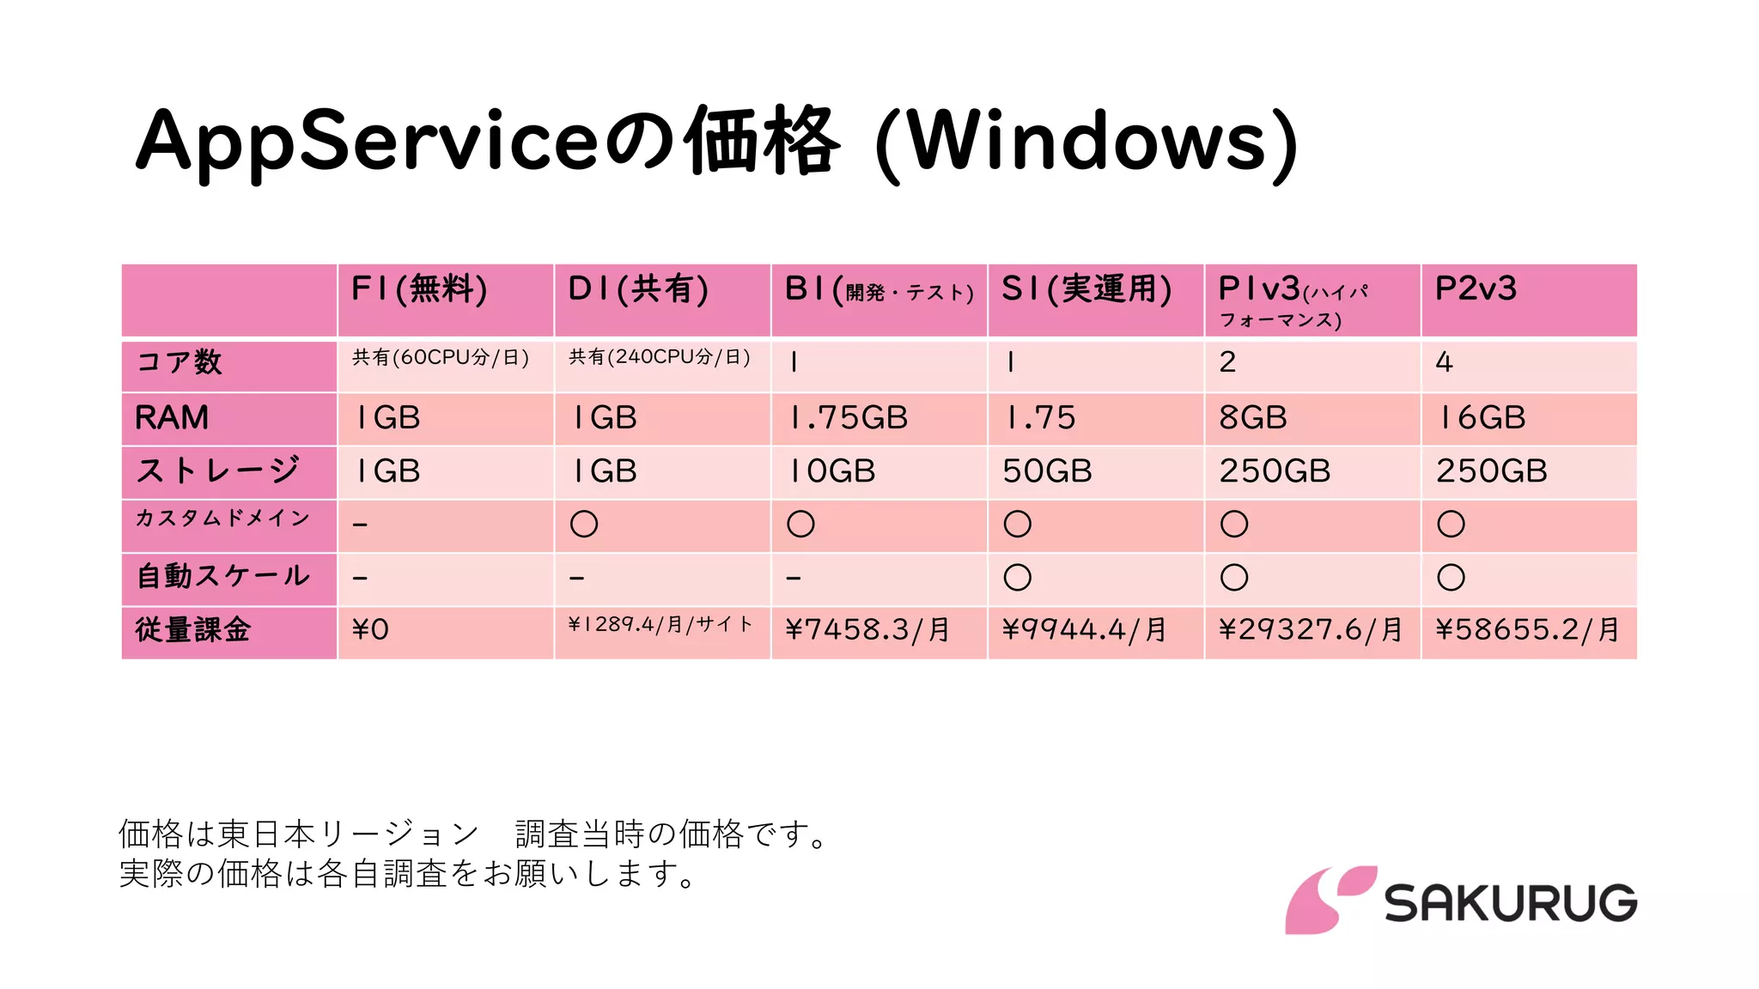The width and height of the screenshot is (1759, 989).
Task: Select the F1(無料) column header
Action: coord(419,289)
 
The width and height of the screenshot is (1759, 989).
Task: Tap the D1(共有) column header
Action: coord(638,289)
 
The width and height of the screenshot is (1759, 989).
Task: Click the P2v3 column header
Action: coord(1476,289)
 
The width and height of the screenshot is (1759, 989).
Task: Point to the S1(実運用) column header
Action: coord(1086,289)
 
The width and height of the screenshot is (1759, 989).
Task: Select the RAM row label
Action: coord(172,418)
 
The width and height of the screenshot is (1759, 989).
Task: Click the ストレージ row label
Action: coord(218,470)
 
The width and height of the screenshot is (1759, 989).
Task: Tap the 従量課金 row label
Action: coord(193,630)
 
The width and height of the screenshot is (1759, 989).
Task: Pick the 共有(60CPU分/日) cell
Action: coord(441,357)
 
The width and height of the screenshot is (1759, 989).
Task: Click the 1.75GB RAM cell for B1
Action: coord(849,418)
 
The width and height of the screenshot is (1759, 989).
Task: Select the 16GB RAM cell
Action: coord(1482,418)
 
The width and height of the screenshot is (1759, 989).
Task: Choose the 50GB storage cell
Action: coord(1047,471)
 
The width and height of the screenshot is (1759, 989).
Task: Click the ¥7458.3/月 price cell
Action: coord(867,630)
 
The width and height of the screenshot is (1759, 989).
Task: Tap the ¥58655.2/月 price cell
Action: coord(1527,630)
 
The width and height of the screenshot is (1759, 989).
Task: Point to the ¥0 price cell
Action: coord(370,630)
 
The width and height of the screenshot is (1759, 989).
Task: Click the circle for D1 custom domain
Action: coord(584,524)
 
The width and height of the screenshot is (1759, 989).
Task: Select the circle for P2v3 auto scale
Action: coord(1451,577)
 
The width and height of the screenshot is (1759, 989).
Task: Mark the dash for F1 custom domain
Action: coord(360,525)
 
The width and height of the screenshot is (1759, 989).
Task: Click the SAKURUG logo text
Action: coord(1510,903)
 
